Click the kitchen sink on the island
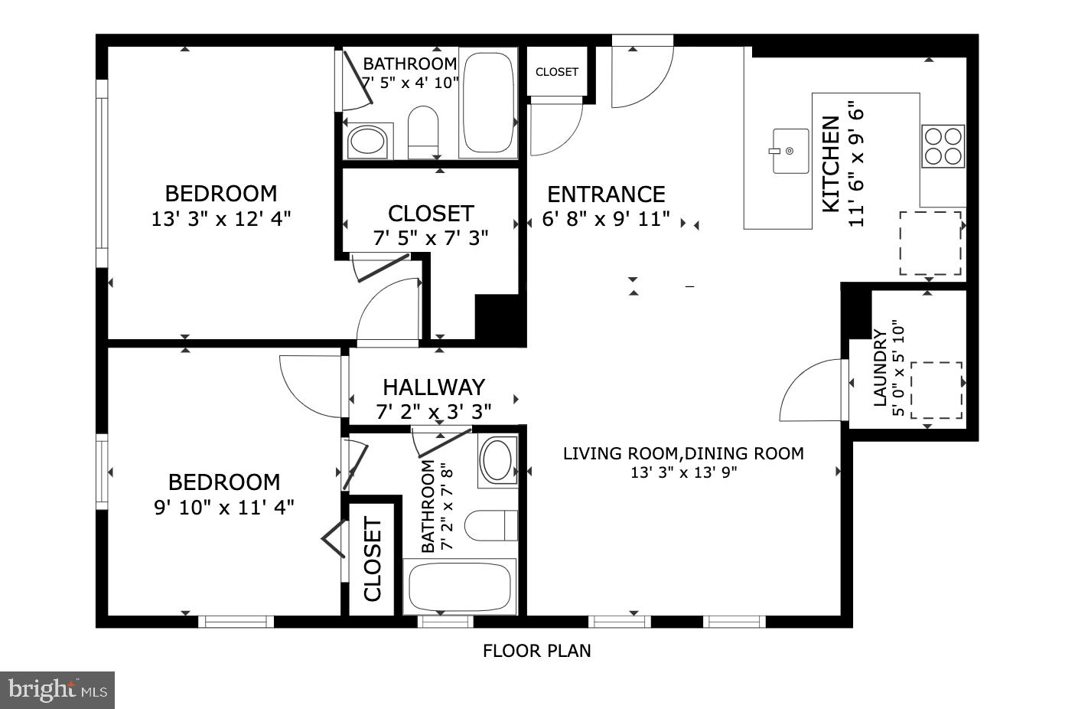tap(790, 151)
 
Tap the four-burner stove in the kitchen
tap(943, 146)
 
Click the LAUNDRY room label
tap(880, 368)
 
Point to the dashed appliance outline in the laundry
tap(935, 390)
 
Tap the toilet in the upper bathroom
tap(422, 132)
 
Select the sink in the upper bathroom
tap(368, 142)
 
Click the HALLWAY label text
tap(434, 387)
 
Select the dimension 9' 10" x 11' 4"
tap(224, 507)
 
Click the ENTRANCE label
tap(606, 194)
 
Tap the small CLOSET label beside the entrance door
tap(557, 72)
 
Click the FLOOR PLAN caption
tap(536, 652)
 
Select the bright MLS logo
tap(57, 691)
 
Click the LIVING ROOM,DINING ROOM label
tap(683, 453)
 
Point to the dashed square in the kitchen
tap(930, 243)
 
